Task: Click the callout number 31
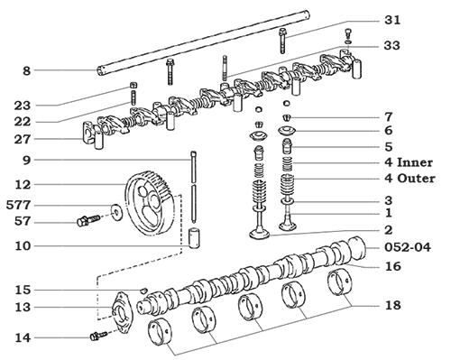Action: pos(390,19)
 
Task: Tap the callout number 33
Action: pos(390,44)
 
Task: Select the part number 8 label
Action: pos(27,69)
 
